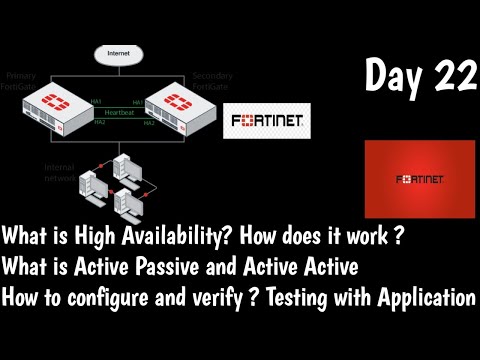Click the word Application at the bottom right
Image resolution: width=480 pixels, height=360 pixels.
(421, 298)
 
